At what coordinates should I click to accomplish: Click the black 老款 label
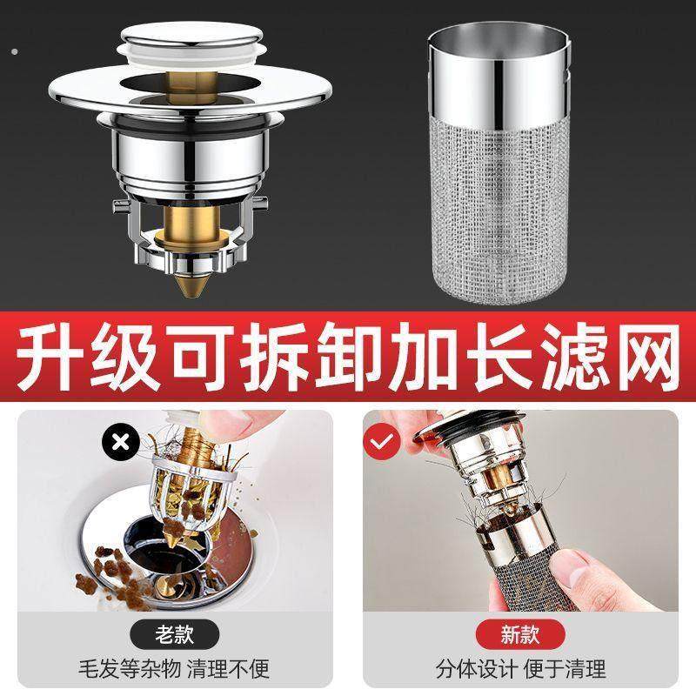174,633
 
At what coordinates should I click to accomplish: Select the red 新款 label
520,633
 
